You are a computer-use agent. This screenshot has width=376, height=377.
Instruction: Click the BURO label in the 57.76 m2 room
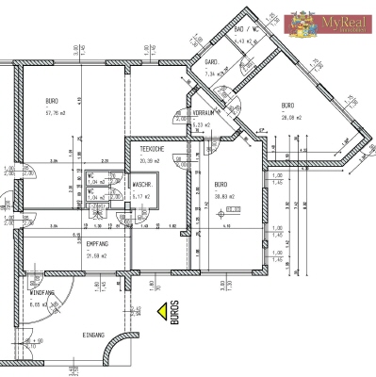[53, 100]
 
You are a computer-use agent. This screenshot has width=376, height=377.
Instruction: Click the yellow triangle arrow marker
[162, 309]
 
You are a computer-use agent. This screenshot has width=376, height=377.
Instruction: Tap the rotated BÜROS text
[174, 313]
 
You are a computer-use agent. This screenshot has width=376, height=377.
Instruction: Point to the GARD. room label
[212, 62]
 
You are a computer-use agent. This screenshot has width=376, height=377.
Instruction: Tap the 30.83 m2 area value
[223, 195]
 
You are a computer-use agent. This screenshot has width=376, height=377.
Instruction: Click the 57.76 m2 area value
[55, 112]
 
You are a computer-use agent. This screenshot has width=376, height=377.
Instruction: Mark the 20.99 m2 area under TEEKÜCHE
[151, 161]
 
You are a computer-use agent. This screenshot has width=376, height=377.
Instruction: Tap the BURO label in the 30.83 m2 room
[221, 184]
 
